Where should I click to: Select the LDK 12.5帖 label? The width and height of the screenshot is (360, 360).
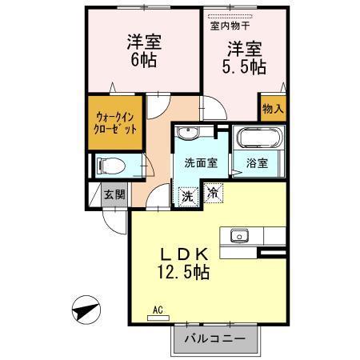183,263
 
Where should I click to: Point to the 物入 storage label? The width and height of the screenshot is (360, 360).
273,108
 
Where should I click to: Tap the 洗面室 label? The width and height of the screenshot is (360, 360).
201,162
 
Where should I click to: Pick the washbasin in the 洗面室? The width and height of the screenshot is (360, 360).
190,133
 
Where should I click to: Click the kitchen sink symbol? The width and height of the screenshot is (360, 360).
238,236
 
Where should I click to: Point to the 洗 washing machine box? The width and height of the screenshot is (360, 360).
186,195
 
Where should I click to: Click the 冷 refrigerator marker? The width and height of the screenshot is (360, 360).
213,192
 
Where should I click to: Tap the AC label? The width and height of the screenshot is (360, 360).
158,310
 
